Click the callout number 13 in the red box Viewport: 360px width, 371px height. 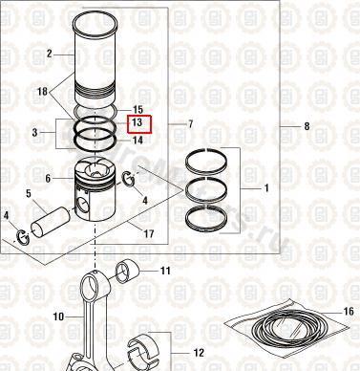(x=137, y=122)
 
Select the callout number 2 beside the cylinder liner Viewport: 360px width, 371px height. (x=49, y=54)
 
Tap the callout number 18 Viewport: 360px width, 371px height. (x=42, y=92)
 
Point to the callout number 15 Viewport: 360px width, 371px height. (x=138, y=110)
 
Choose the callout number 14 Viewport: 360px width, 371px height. (x=138, y=140)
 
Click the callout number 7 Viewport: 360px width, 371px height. (x=190, y=124)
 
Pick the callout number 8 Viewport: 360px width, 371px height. (x=307, y=126)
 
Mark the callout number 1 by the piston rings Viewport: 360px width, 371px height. (x=266, y=188)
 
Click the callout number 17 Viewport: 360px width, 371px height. (x=149, y=234)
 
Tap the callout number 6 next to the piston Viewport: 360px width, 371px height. (x=48, y=178)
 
